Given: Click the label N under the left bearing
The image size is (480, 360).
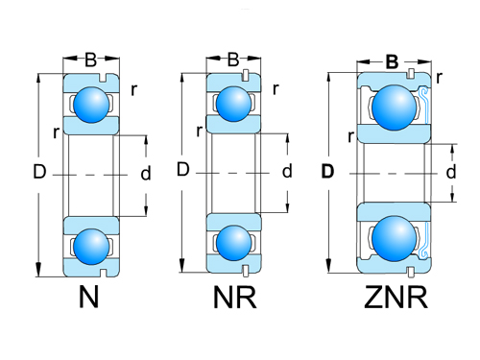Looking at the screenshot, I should click(88, 299).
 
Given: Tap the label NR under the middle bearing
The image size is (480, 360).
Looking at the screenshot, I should click(234, 299).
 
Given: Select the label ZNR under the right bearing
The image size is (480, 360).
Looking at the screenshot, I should click(395, 299).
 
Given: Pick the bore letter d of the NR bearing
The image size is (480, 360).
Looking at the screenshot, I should click(286, 172).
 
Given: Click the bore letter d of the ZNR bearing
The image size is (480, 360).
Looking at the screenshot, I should click(451, 172).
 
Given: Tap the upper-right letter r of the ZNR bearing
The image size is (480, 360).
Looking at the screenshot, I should click(439, 77).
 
